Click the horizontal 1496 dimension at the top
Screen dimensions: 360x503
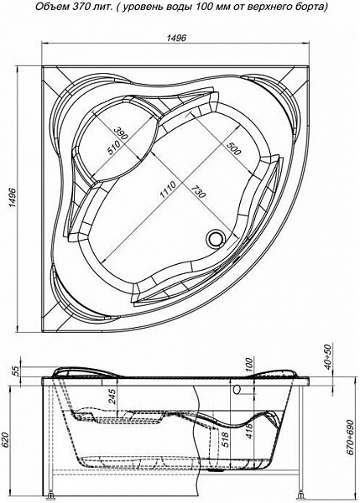[176, 38]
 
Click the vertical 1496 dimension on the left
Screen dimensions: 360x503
[13, 199]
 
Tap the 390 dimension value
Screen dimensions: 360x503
[121, 132]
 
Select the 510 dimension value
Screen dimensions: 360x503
[113, 148]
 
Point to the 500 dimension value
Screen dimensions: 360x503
[232, 148]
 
